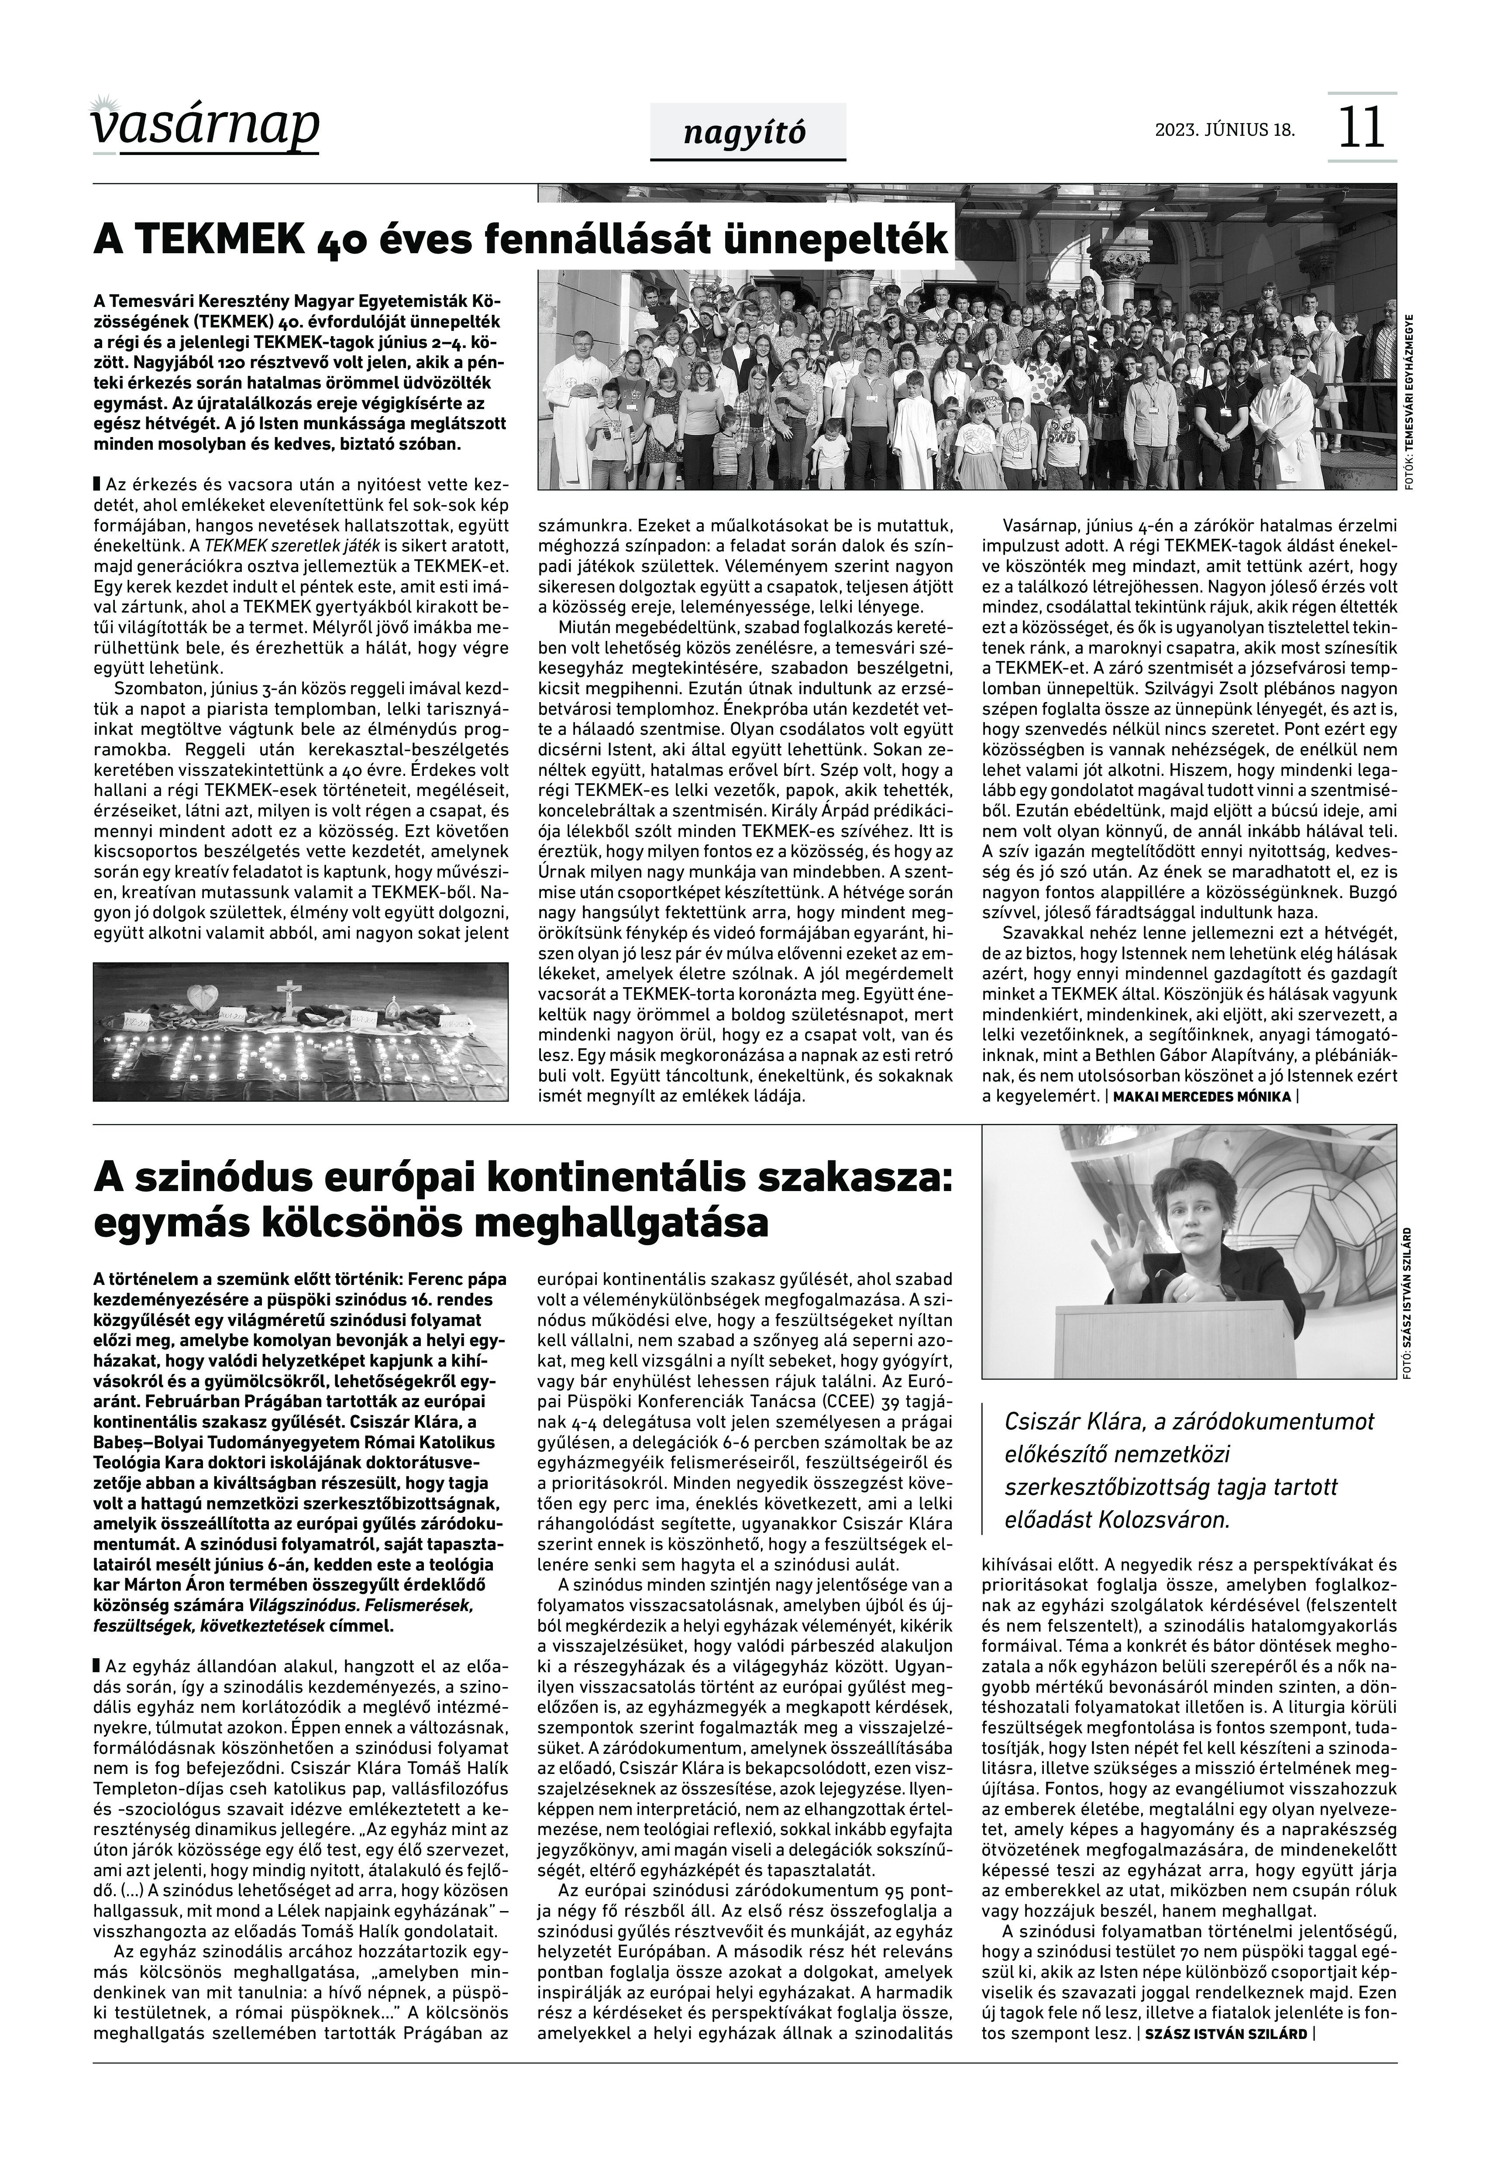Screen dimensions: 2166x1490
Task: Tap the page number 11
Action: tap(1361, 128)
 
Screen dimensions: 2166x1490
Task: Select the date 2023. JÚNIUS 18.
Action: tap(1225, 129)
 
